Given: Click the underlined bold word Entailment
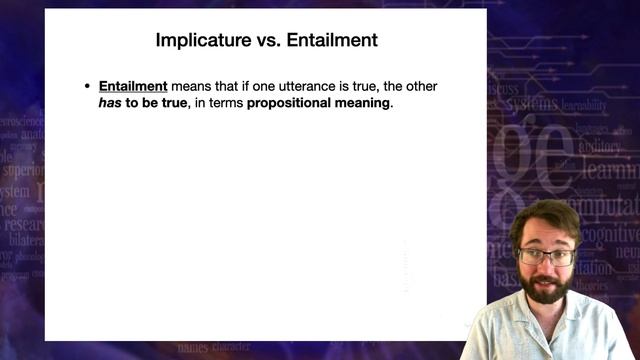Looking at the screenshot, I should click(x=133, y=87).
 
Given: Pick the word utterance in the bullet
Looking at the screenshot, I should click(x=302, y=87).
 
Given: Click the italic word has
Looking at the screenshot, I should click(x=110, y=104).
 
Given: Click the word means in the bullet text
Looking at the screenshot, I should click(x=191, y=87).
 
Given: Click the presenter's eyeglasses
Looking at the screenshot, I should click(x=545, y=255).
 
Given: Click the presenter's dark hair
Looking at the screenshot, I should click(x=546, y=217).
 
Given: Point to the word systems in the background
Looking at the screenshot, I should click(x=531, y=105).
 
